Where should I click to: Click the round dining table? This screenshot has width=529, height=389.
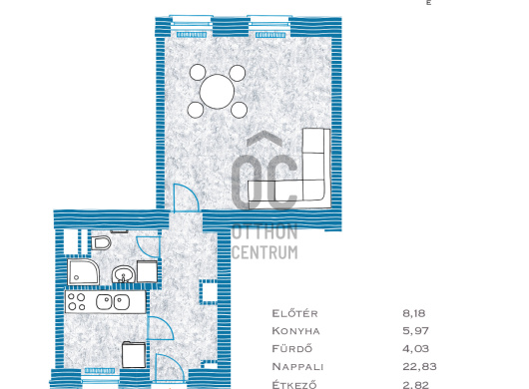click(217, 92)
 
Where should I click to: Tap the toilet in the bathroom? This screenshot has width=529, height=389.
click(101, 242)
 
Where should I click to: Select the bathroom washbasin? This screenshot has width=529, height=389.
click(123, 274)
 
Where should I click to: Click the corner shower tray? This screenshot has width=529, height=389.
click(84, 272)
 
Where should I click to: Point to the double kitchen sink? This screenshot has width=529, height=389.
click(113, 302)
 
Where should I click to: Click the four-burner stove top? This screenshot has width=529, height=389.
click(77, 302)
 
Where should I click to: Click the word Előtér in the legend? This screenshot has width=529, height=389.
click(294, 313)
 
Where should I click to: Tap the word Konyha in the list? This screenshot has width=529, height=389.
click(295, 331)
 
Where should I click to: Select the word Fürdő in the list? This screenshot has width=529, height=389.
click(292, 348)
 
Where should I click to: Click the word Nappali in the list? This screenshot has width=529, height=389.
click(297, 366)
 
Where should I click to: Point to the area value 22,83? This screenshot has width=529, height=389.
click(419, 366)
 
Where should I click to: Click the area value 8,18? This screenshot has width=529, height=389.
click(414, 313)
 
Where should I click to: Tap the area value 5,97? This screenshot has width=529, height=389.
click(415, 331)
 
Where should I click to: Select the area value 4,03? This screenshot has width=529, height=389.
click(415, 348)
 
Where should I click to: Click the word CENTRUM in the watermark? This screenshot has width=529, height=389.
click(264, 252)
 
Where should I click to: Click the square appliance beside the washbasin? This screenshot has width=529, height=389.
click(147, 271)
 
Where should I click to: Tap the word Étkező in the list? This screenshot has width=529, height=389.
click(294, 384)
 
